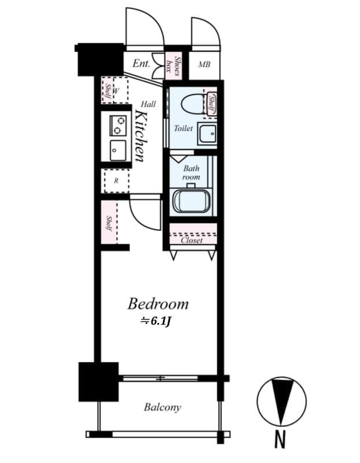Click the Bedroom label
(x=158, y=304)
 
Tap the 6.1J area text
(x=156, y=321)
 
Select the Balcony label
(x=163, y=407)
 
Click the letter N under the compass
(x=280, y=440)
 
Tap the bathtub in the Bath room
(x=192, y=201)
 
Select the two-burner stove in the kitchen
(x=118, y=126)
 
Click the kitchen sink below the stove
(x=118, y=150)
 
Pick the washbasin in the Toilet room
(x=208, y=134)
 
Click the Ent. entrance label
(x=141, y=63)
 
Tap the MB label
(x=204, y=64)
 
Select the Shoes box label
(x=174, y=66)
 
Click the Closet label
(x=192, y=240)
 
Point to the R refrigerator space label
(x=116, y=181)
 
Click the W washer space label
(x=116, y=91)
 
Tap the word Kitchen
(x=141, y=136)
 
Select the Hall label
(x=148, y=104)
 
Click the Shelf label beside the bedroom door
(x=109, y=223)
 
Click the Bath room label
(x=191, y=172)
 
